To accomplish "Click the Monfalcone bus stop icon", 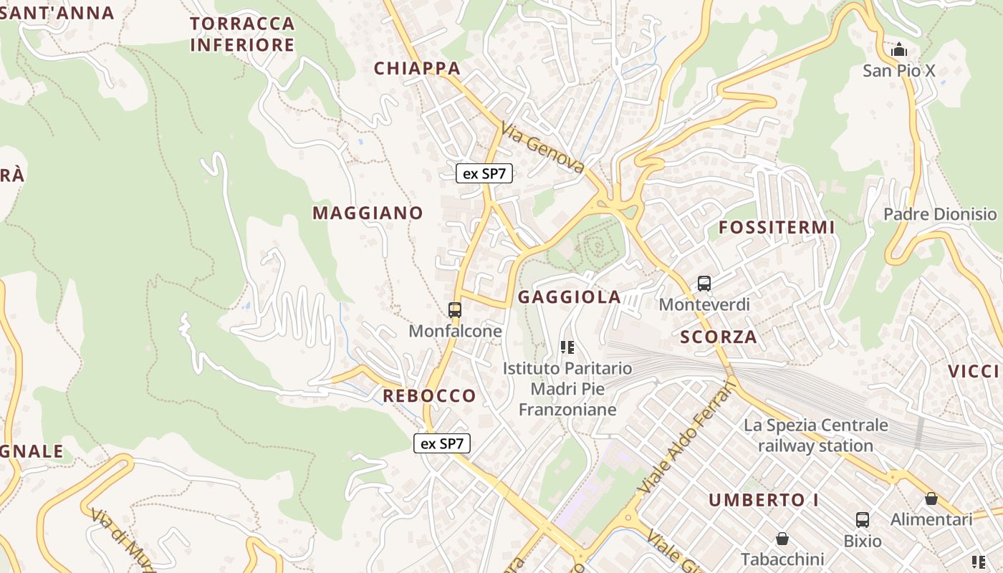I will pyautogui.click(x=454, y=310).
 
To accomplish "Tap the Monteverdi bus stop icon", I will pyautogui.click(x=704, y=284).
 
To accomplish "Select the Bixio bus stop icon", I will pyautogui.click(x=863, y=520).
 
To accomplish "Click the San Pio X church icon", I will pyautogui.click(x=898, y=49).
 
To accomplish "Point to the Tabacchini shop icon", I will pyautogui.click(x=782, y=538).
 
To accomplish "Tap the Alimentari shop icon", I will pyautogui.click(x=931, y=499).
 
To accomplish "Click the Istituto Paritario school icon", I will pyautogui.click(x=567, y=347).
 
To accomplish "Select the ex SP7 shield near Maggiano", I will pyautogui.click(x=484, y=173).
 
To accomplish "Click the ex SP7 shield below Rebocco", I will pyautogui.click(x=442, y=443).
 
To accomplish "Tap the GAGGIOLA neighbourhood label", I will pyautogui.click(x=570, y=297).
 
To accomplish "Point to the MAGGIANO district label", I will pyautogui.click(x=368, y=213).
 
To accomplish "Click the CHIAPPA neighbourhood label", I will pyautogui.click(x=417, y=68).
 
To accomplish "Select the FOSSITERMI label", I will pyautogui.click(x=777, y=228).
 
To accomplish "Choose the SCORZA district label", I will pyautogui.click(x=718, y=337).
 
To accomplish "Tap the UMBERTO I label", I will pyautogui.click(x=764, y=500).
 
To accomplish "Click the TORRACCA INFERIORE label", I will pyautogui.click(x=243, y=34).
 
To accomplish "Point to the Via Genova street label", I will pyautogui.click(x=543, y=149).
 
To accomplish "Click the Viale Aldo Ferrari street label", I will pyautogui.click(x=686, y=438).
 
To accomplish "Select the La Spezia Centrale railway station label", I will pyautogui.click(x=816, y=435).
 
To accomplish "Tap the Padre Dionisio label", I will pyautogui.click(x=940, y=214).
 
